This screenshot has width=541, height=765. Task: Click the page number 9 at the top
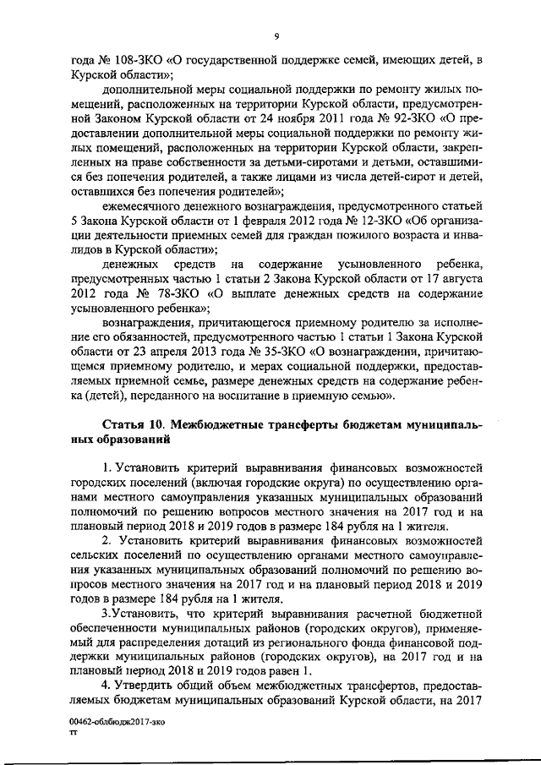[276, 36]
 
